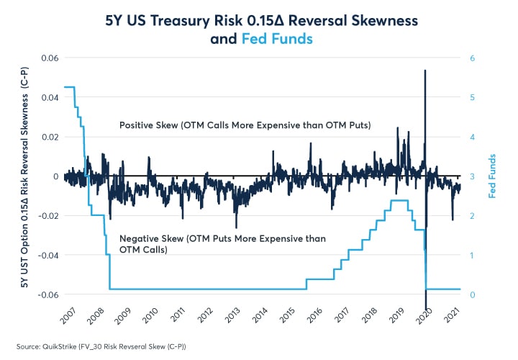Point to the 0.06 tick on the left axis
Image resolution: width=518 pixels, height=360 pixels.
pyautogui.click(x=49, y=58)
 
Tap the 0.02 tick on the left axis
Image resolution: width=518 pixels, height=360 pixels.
pyautogui.click(x=49, y=137)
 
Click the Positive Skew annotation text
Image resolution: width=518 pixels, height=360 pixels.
pyautogui.click(x=245, y=125)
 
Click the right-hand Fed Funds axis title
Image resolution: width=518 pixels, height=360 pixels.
pyautogui.click(x=495, y=176)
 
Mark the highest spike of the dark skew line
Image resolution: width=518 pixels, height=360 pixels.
pyautogui.click(x=425, y=71)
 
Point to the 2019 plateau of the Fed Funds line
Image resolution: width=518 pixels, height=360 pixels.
pyautogui.click(x=399, y=201)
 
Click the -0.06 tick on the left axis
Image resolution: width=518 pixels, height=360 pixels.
pyautogui.click(x=47, y=294)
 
